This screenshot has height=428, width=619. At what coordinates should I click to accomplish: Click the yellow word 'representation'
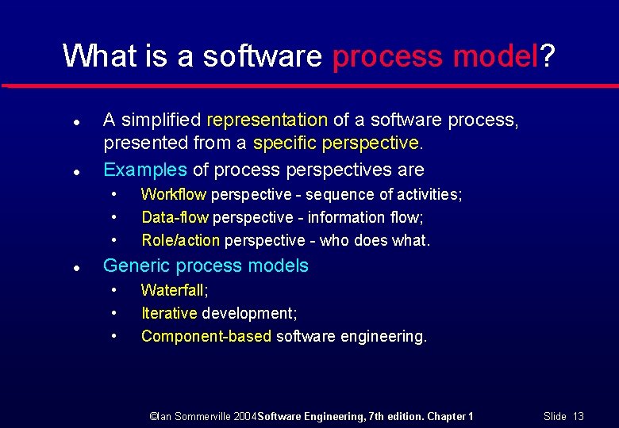(267, 120)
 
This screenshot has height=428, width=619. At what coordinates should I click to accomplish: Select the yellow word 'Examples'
(146, 170)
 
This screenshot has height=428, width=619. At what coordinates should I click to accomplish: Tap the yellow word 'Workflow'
(174, 194)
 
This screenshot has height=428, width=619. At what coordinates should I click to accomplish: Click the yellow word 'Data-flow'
(175, 217)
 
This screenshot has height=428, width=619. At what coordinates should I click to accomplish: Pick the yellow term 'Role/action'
(181, 240)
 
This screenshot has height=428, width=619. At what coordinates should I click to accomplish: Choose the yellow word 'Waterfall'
(172, 291)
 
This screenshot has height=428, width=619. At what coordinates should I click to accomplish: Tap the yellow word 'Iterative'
(169, 314)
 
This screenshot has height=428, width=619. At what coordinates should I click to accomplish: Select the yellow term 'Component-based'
(206, 337)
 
